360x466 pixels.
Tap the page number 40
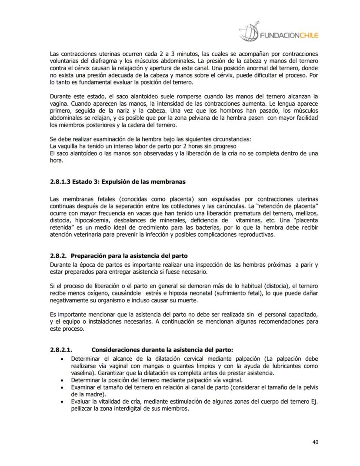(x=315, y=442)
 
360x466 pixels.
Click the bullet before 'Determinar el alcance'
(x=64, y=359)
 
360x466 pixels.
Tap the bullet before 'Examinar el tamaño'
(x=64, y=386)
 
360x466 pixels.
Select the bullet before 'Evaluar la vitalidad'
(x=64, y=401)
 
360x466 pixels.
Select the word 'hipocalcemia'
(x=89, y=220)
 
